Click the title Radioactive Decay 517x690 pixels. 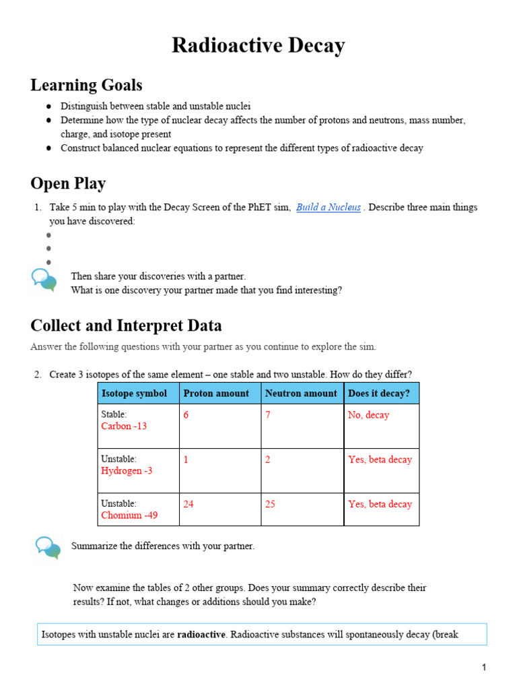pyautogui.click(x=258, y=46)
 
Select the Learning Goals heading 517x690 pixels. pyautogui.click(x=86, y=86)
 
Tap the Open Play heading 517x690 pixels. pyautogui.click(x=68, y=183)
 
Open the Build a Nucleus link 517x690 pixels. pyautogui.click(x=329, y=208)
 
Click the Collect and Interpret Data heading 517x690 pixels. pyautogui.click(x=126, y=326)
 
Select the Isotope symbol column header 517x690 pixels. pyautogui.click(x=134, y=394)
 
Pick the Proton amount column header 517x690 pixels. pyautogui.click(x=216, y=394)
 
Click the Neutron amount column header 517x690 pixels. pyautogui.click(x=301, y=394)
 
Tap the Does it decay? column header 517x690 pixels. pyautogui.click(x=378, y=394)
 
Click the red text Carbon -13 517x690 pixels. pyautogui.click(x=124, y=427)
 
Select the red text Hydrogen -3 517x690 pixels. pyautogui.click(x=127, y=471)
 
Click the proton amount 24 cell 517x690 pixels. pyautogui.click(x=188, y=504)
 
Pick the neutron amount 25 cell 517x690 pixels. pyautogui.click(x=270, y=504)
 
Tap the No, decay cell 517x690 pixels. pyautogui.click(x=368, y=415)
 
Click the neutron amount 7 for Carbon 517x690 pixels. pyautogui.click(x=268, y=415)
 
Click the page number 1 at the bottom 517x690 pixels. pyautogui.click(x=483, y=668)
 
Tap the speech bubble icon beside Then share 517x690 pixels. pyautogui.click(x=44, y=280)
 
